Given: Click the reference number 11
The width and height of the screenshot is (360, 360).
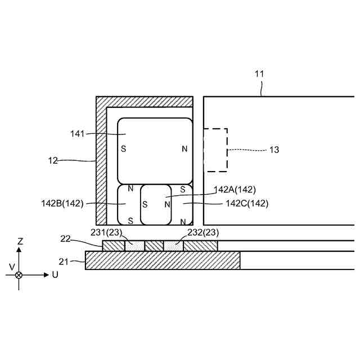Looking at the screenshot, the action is [x=259, y=74].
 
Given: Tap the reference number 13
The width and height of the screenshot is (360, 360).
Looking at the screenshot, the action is [x=274, y=150].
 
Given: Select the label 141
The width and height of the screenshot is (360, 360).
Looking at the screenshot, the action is [x=78, y=134].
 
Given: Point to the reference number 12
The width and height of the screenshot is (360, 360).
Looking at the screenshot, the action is [x=53, y=160].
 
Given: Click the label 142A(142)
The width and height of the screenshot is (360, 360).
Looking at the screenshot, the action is [x=235, y=190].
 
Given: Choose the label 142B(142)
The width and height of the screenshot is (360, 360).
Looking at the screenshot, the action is [x=62, y=204].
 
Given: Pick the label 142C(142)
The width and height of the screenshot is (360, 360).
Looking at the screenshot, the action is [x=247, y=204].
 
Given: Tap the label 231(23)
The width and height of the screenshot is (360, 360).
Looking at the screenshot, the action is [x=106, y=232].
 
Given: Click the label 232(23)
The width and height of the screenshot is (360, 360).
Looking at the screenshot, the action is [x=203, y=232].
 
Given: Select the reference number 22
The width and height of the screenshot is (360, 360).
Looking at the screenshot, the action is [x=65, y=238].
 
